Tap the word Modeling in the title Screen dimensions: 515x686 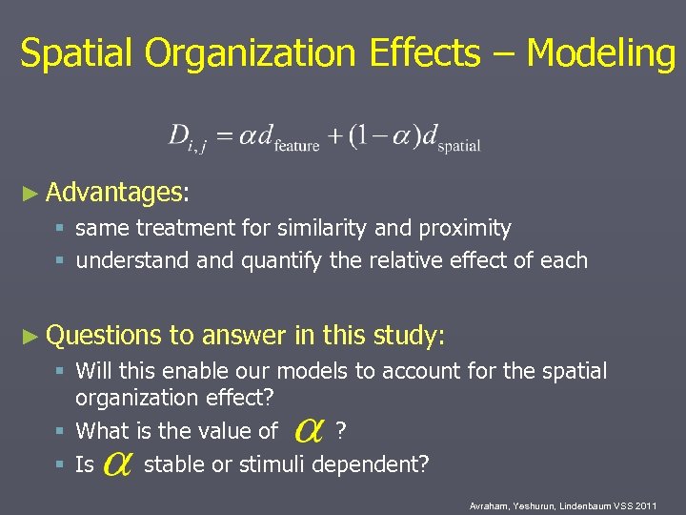pos(600,55)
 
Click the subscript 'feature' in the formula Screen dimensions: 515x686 pos(296,146)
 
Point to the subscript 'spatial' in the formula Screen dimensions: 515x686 pos(458,146)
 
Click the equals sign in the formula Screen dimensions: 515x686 pos(222,137)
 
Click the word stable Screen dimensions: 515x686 pos(174,464)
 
